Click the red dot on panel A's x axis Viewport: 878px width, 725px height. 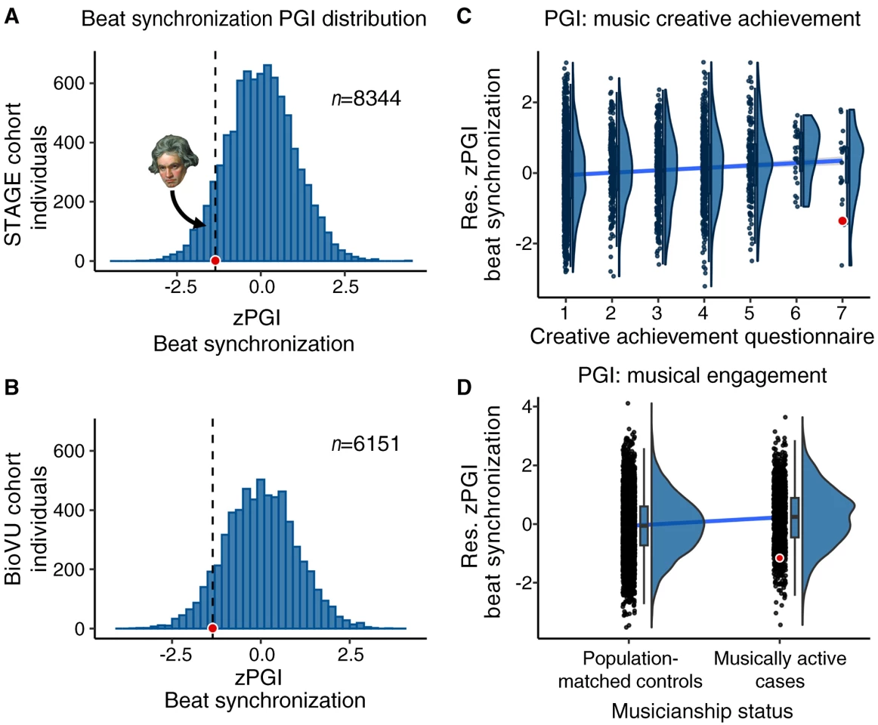tap(215, 261)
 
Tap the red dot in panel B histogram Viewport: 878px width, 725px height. tap(212, 628)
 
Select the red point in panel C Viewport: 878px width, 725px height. tap(842, 221)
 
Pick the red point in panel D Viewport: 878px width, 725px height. tap(779, 558)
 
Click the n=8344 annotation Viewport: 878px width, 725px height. tap(366, 98)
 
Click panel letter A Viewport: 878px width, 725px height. tap(12, 17)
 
